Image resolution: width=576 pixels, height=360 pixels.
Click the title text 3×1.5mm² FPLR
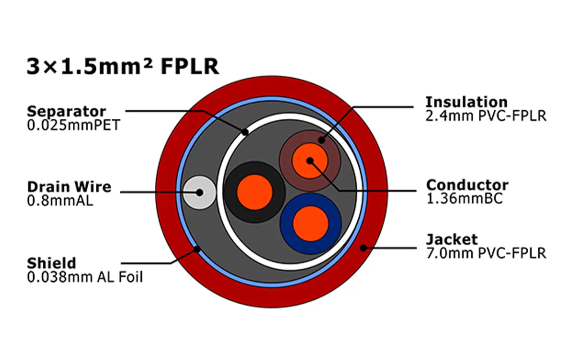123,66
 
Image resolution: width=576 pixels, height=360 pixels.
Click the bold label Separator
66,111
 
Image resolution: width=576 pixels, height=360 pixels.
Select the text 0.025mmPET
73,125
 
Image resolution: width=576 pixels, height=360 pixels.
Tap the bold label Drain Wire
69,187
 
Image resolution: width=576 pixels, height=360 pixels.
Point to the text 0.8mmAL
60,200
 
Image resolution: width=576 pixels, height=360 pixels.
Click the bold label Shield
51,263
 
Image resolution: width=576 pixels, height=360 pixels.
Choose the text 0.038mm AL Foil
85,277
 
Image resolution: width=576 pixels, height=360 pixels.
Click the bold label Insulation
466,102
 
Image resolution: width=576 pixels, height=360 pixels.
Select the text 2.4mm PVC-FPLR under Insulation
486,116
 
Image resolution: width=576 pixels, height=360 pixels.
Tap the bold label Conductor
467,185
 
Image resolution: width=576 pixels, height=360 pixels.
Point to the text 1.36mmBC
464,198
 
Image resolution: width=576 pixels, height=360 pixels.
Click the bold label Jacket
451,239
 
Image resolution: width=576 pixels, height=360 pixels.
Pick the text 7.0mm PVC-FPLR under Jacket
486,253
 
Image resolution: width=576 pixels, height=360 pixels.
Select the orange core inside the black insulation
255,192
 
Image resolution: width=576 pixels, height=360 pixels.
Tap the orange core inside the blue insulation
310,224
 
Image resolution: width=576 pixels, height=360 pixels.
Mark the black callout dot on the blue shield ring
197,248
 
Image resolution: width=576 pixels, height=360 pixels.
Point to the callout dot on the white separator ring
245,132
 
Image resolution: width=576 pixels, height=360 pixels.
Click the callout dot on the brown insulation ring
321,140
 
